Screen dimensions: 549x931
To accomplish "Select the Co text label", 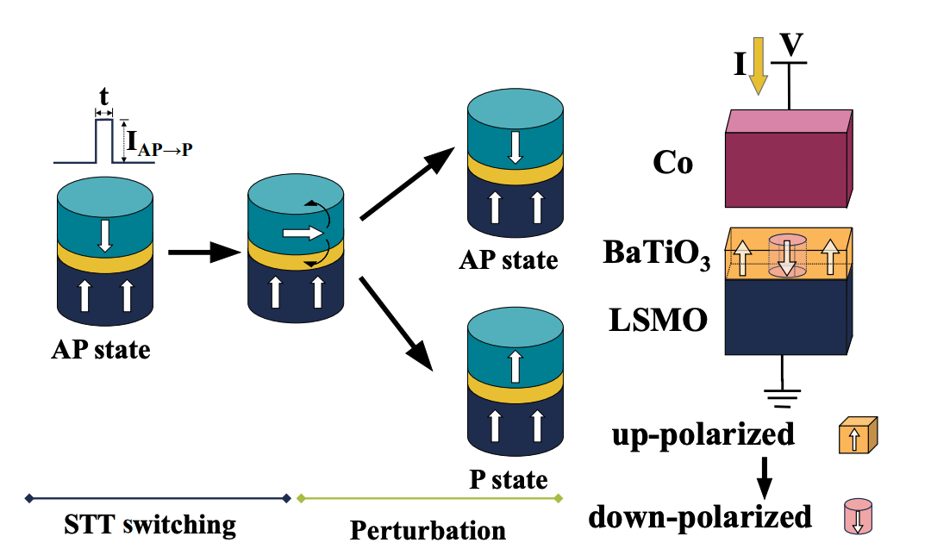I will click(673, 164).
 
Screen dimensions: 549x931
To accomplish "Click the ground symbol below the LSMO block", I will click(782, 397).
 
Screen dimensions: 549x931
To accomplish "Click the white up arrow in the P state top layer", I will click(515, 366).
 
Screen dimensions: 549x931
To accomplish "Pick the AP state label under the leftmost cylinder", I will click(102, 351).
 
